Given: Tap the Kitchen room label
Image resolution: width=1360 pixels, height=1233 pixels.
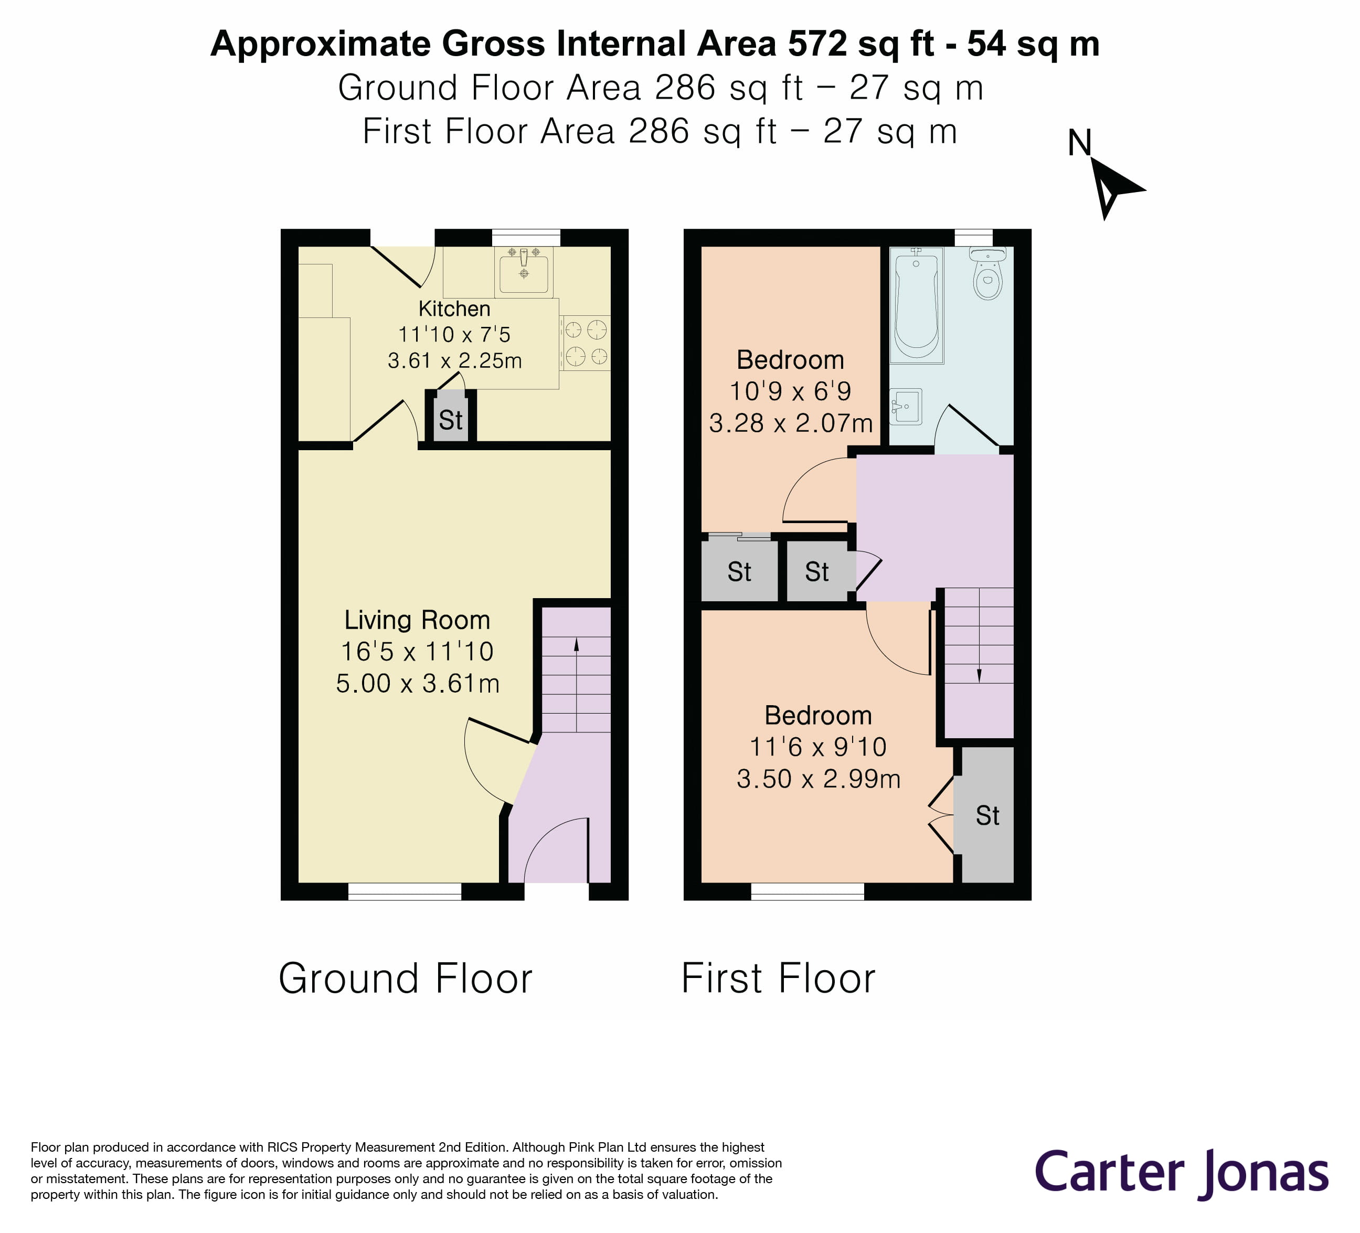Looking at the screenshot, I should coord(454,309).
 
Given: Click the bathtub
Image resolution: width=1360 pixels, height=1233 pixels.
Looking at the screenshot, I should coord(916,305).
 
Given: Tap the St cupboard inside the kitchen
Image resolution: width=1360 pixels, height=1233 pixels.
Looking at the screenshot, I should coord(450,420).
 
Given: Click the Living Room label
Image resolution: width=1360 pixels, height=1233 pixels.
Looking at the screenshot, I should coord(417,620).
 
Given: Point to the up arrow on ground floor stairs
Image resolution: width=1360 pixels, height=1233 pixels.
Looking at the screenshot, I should coord(576,645).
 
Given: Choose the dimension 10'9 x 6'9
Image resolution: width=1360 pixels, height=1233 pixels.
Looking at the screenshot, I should coord(790,391).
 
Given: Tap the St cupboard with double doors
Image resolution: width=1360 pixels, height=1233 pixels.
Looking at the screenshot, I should coord(987,815).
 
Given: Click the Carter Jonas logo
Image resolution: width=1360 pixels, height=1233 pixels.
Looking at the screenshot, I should coord(1181,1172).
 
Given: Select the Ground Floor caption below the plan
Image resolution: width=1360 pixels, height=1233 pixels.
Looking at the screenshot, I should coord(406,979).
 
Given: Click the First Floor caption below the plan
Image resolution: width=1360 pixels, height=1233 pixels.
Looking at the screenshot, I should coord(778,979).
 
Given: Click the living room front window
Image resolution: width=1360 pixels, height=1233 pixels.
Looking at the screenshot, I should coord(405,892).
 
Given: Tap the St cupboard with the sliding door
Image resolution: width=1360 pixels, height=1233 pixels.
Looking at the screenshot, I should coord(739,571).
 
